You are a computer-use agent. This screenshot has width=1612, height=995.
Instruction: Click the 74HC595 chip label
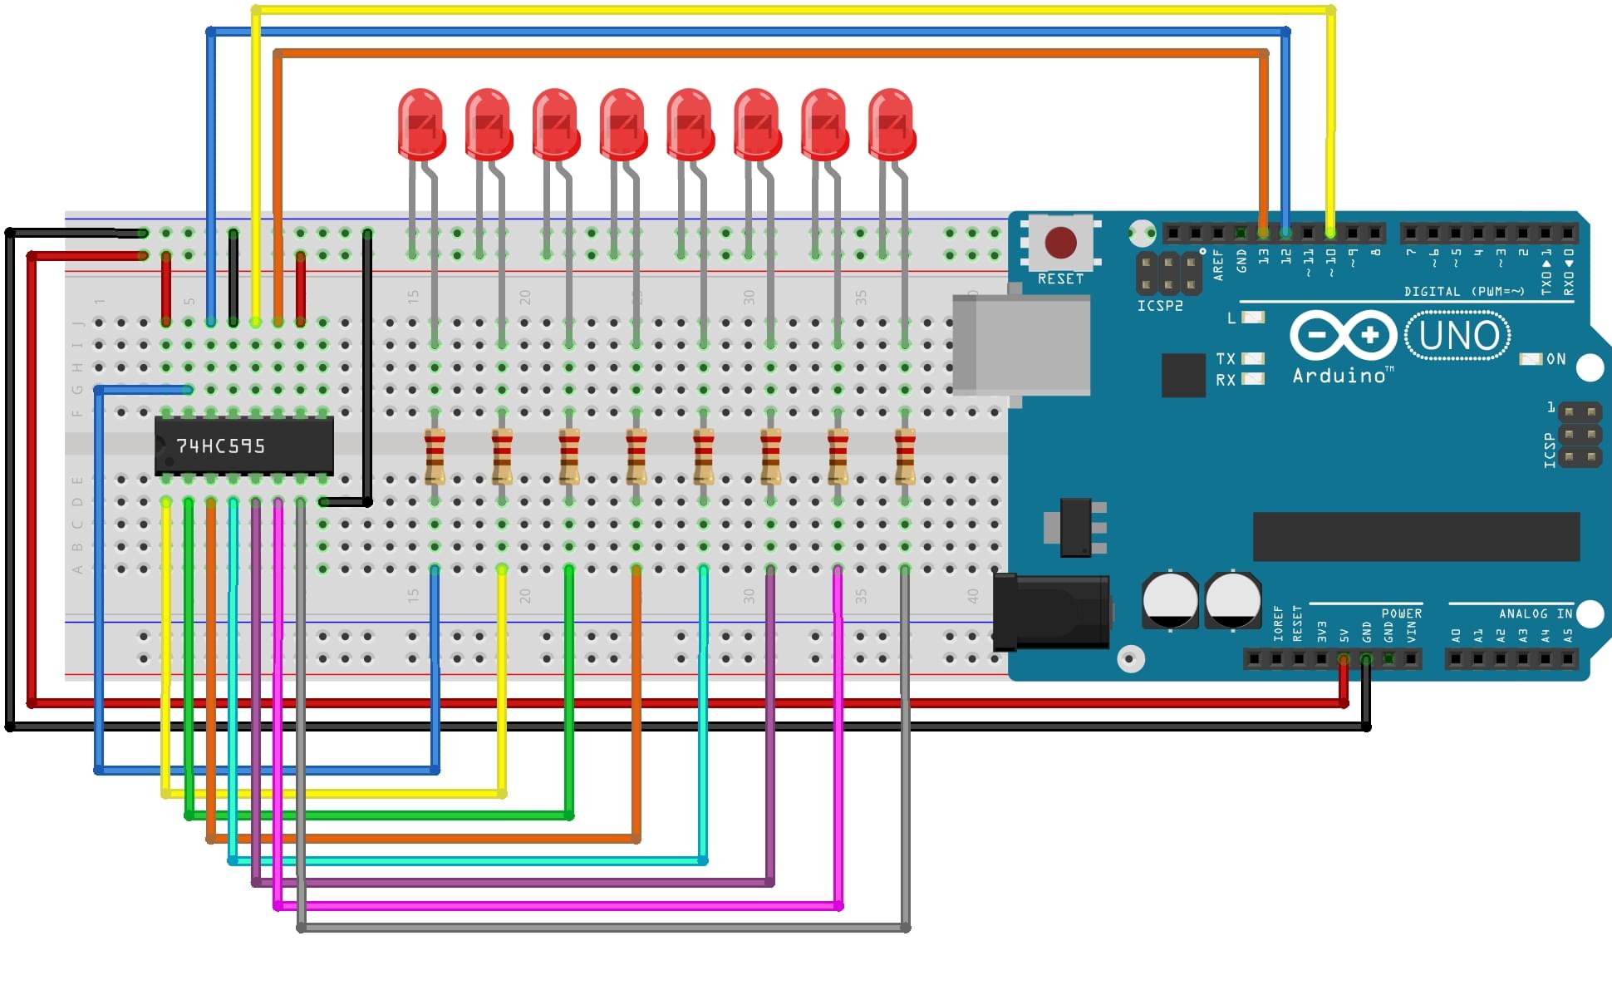220,446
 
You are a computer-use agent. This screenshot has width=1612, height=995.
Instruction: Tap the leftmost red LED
420,125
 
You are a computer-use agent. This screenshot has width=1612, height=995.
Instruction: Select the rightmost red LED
892,125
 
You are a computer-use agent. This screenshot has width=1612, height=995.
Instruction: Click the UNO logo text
1458,336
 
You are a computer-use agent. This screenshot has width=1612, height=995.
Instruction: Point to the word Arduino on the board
1339,376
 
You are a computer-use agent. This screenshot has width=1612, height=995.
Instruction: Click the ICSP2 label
1160,306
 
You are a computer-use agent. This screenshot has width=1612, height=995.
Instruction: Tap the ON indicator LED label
1555,359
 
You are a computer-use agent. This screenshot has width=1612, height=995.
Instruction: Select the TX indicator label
1226,359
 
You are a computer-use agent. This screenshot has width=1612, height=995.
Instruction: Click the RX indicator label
1226,380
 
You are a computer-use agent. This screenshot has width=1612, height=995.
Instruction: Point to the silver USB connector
1021,344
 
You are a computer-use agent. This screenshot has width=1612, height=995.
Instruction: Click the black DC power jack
1052,612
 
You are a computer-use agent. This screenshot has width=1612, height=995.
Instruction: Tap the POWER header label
1402,613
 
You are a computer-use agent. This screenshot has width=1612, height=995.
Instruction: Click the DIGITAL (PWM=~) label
1464,292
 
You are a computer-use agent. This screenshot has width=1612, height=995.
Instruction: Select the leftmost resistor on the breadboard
435,456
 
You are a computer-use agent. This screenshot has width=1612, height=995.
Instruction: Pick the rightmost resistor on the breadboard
905,456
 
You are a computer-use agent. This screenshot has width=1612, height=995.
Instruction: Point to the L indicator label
1231,318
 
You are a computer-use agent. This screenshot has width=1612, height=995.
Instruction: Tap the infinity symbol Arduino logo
1343,336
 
